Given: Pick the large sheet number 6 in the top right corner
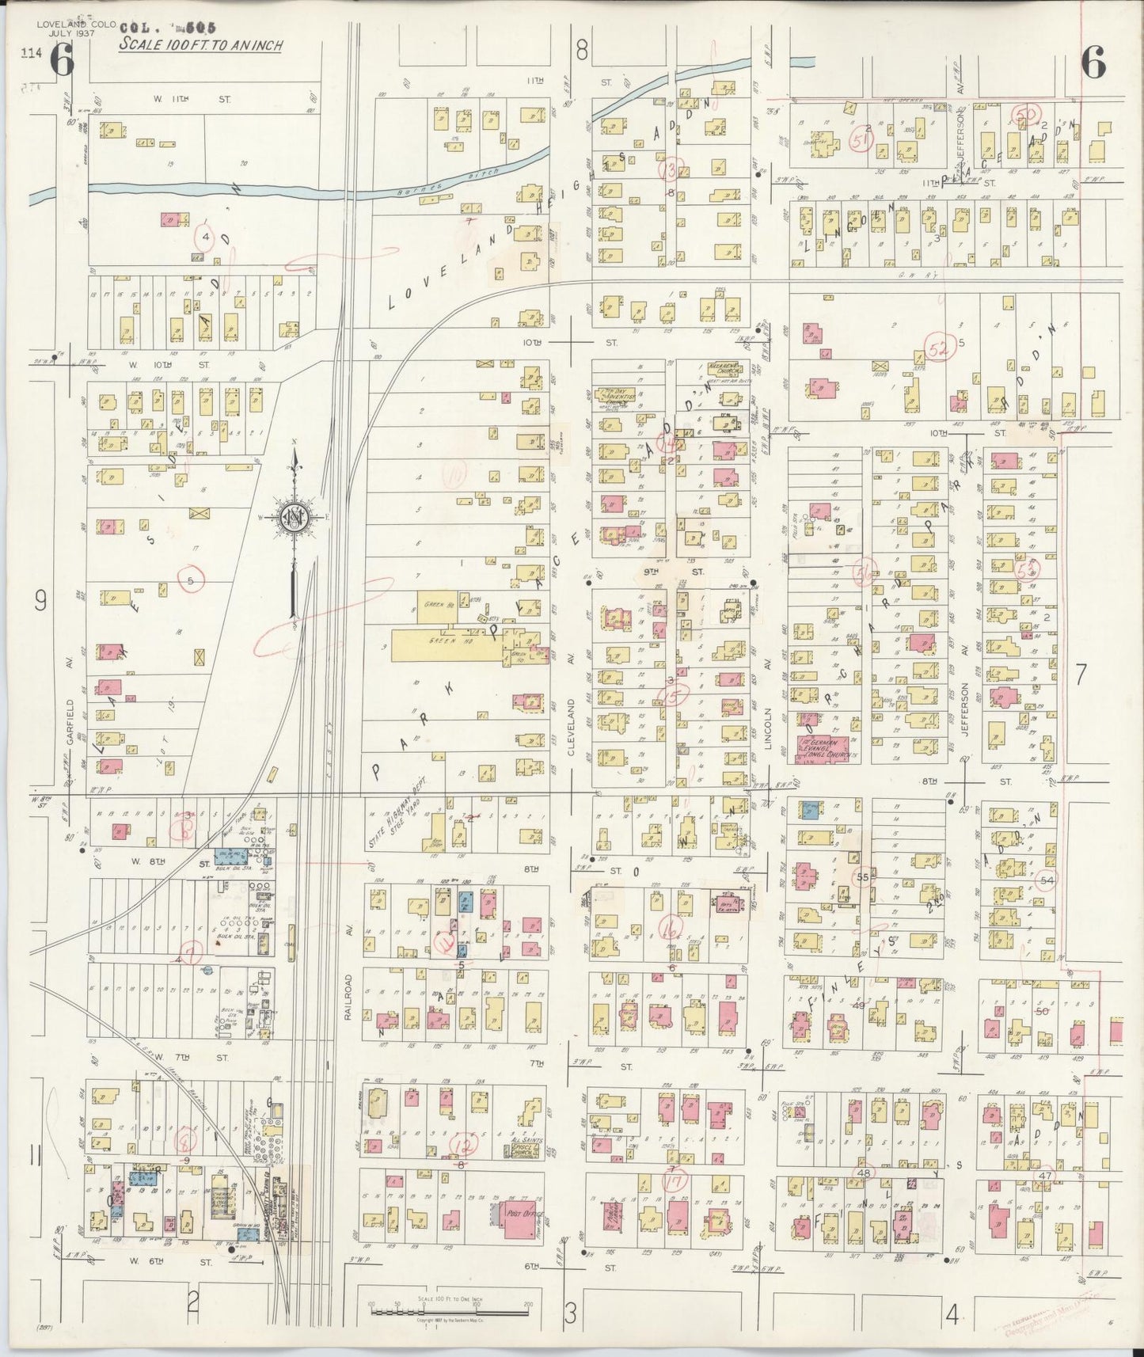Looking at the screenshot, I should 1092,63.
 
